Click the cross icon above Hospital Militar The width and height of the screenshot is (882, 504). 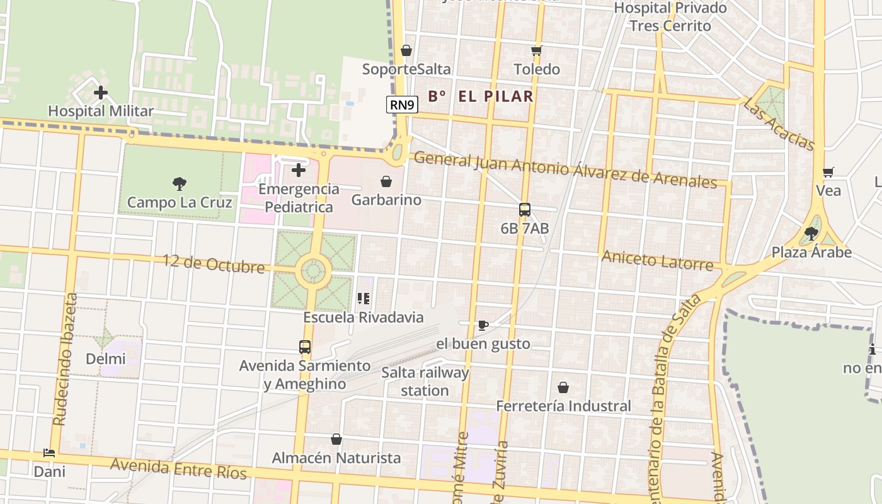[x=100, y=93]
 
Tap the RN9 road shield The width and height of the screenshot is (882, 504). [x=402, y=105]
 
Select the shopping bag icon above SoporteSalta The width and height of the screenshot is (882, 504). [x=406, y=50]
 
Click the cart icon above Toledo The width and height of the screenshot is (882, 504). [x=536, y=50]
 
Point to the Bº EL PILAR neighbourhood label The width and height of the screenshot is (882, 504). [x=481, y=96]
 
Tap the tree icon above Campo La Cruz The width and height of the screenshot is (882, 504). [x=180, y=184]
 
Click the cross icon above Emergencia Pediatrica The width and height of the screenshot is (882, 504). [x=299, y=169]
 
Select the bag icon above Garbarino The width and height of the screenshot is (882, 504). [x=386, y=181]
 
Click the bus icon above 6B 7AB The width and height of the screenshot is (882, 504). [x=524, y=210]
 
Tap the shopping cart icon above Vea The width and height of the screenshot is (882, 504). [x=828, y=172]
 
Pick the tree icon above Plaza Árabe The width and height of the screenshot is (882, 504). [x=811, y=234]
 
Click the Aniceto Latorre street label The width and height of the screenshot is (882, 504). [x=657, y=260]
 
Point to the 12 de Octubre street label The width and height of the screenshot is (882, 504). [x=214, y=263]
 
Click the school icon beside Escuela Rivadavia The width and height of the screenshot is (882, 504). [x=364, y=299]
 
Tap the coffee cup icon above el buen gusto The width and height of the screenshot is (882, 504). [x=483, y=325]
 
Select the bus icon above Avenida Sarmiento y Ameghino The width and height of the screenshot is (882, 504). [x=305, y=346]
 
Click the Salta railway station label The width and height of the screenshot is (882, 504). [x=425, y=381]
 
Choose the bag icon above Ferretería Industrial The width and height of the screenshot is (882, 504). [x=563, y=387]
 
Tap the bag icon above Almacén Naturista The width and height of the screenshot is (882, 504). [x=336, y=439]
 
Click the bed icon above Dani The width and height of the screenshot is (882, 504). [x=49, y=452]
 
